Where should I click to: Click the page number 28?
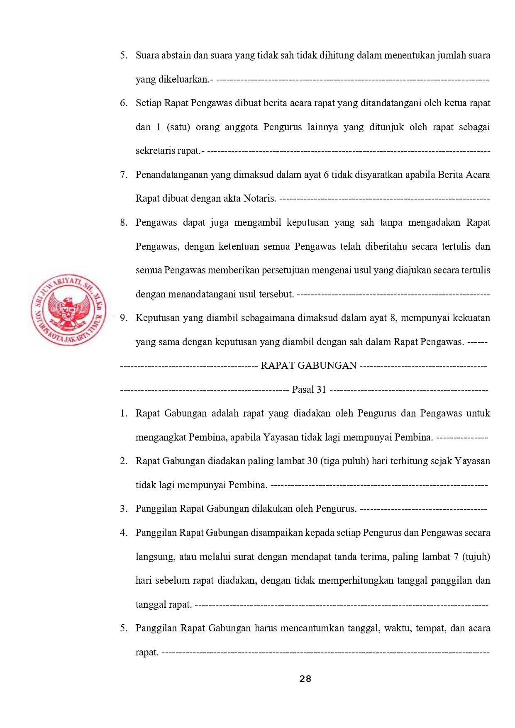point(305,679)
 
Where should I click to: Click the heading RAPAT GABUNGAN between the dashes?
point(309,365)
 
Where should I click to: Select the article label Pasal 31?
point(309,390)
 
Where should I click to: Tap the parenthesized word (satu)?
point(178,127)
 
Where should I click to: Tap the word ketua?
point(456,103)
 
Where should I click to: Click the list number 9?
point(123,318)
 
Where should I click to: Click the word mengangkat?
point(161,437)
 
